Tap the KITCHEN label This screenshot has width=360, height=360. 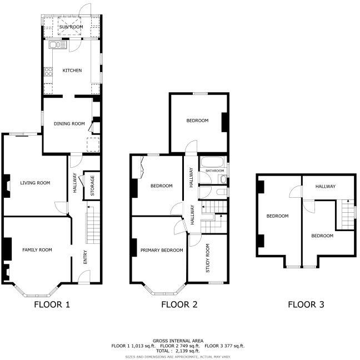tap(72, 71)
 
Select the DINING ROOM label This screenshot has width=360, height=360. tap(69, 123)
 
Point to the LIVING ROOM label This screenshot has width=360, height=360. tap(36, 183)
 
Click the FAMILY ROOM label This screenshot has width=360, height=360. tap(37, 250)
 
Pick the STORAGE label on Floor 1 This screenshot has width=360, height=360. tap(92, 186)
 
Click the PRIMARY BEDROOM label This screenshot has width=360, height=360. tap(162, 251)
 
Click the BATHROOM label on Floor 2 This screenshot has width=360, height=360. tap(214, 171)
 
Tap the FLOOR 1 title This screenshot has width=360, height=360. tap(52, 304)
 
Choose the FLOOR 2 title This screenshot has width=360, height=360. tap(179, 304)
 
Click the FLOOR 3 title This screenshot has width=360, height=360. tap(306, 304)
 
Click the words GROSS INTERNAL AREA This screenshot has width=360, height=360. tap(178, 341)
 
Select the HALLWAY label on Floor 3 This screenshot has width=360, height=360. tap(326, 187)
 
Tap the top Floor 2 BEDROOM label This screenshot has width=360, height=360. tap(197, 121)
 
